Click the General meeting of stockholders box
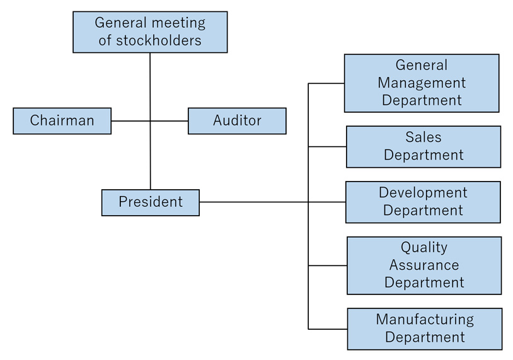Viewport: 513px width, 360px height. [150, 32]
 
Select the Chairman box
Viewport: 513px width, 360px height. [62, 120]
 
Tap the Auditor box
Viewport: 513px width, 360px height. [237, 120]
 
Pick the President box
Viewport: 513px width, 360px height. [150, 202]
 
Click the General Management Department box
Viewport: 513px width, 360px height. [422, 83]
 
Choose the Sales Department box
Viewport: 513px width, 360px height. [424, 146]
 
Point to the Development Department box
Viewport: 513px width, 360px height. [423, 202]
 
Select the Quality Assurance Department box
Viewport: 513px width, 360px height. [424, 265]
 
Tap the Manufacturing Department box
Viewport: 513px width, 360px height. [425, 328]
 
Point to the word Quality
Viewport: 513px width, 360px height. [424, 247]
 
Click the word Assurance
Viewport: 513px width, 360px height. [424, 265]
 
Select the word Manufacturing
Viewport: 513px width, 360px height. [425, 320]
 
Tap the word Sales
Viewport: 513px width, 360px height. [424, 137]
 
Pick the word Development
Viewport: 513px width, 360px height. [423, 193]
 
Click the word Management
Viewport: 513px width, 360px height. [422, 83]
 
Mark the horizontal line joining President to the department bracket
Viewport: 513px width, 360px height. [252, 202]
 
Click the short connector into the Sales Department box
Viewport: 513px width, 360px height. [327, 147]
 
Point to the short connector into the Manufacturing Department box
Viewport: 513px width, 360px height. [328, 329]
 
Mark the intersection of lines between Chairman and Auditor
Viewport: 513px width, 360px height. [150, 120]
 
